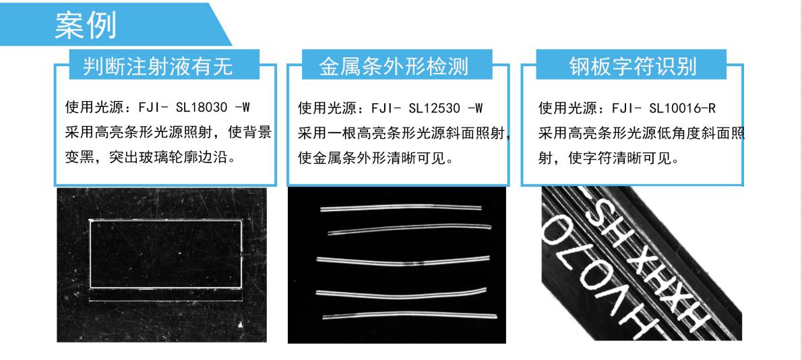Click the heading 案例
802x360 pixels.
coord(86,26)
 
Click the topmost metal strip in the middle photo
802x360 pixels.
coord(400,208)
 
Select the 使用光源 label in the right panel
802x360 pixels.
coord(561,107)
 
